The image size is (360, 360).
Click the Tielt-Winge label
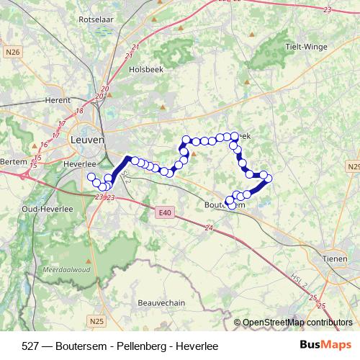tap(305, 47)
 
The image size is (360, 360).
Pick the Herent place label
tap(58, 100)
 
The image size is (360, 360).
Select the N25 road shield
tap(97, 320)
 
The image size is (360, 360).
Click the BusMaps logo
tap(324, 345)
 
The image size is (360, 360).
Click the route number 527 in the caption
tap(30, 346)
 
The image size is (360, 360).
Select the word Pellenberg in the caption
tap(140, 346)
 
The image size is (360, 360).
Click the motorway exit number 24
tap(210, 228)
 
